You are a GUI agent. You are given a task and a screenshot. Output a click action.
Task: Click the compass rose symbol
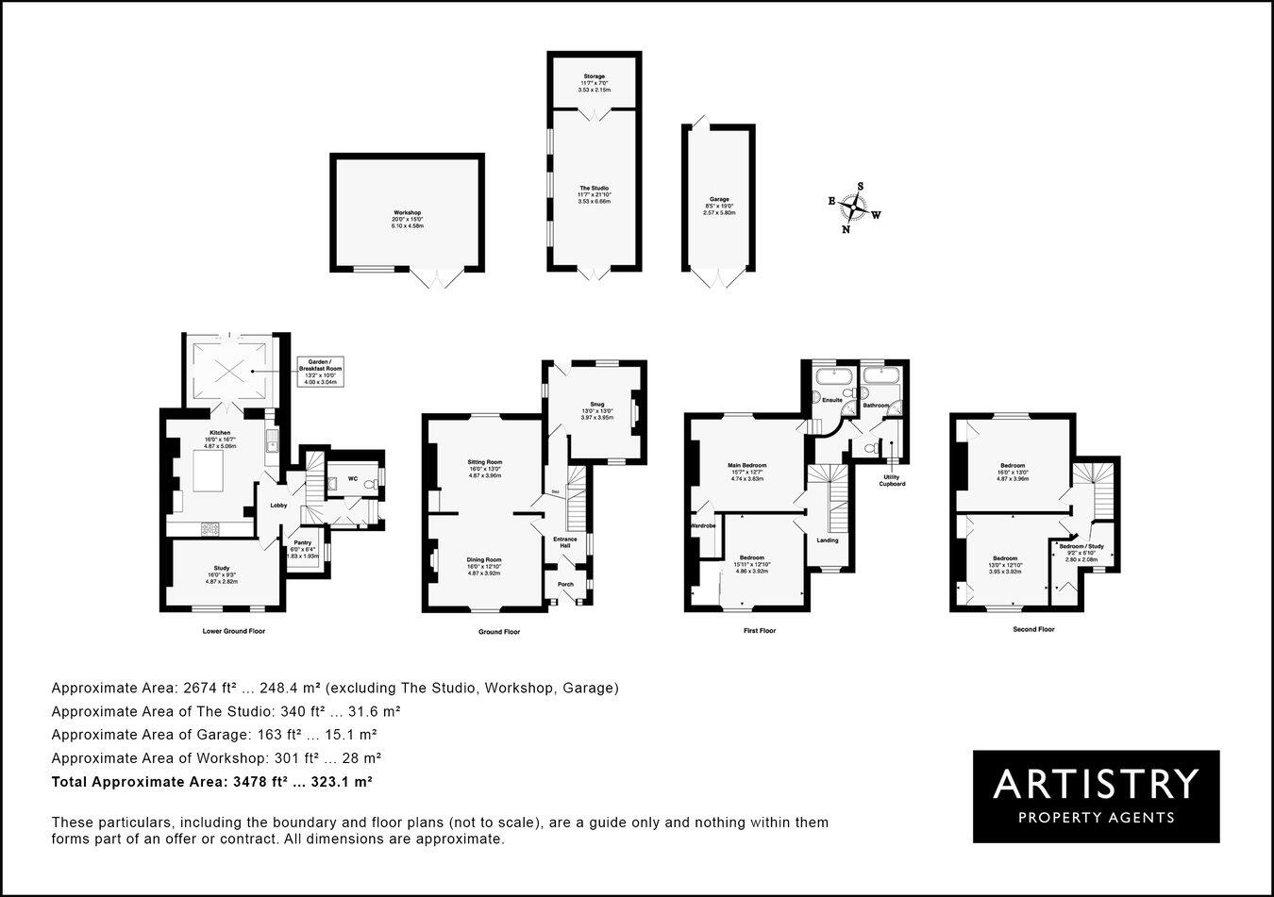click(x=854, y=208)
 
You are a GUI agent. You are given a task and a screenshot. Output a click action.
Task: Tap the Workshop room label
click(x=408, y=212)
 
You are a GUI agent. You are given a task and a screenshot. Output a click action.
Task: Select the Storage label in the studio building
click(x=594, y=76)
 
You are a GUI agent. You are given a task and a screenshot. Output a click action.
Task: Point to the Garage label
click(x=719, y=200)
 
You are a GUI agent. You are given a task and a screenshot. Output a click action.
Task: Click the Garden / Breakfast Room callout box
click(x=320, y=372)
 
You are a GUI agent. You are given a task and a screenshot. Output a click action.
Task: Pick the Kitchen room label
click(x=220, y=433)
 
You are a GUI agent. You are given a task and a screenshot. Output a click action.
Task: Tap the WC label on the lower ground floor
click(x=352, y=479)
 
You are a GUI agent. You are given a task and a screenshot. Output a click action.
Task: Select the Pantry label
click(x=303, y=542)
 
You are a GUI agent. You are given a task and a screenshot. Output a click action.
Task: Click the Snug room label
click(x=597, y=404)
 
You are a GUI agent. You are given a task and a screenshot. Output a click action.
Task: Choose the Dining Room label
click(x=484, y=559)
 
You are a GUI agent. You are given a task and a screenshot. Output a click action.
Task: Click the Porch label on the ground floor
click(x=565, y=584)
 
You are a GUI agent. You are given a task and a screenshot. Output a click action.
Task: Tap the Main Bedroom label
click(x=746, y=465)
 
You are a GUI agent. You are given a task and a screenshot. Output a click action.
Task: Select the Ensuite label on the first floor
click(x=831, y=400)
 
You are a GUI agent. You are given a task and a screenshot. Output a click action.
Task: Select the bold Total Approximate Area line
click(x=212, y=782)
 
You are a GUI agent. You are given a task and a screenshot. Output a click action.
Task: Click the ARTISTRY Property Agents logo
click(x=1096, y=796)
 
